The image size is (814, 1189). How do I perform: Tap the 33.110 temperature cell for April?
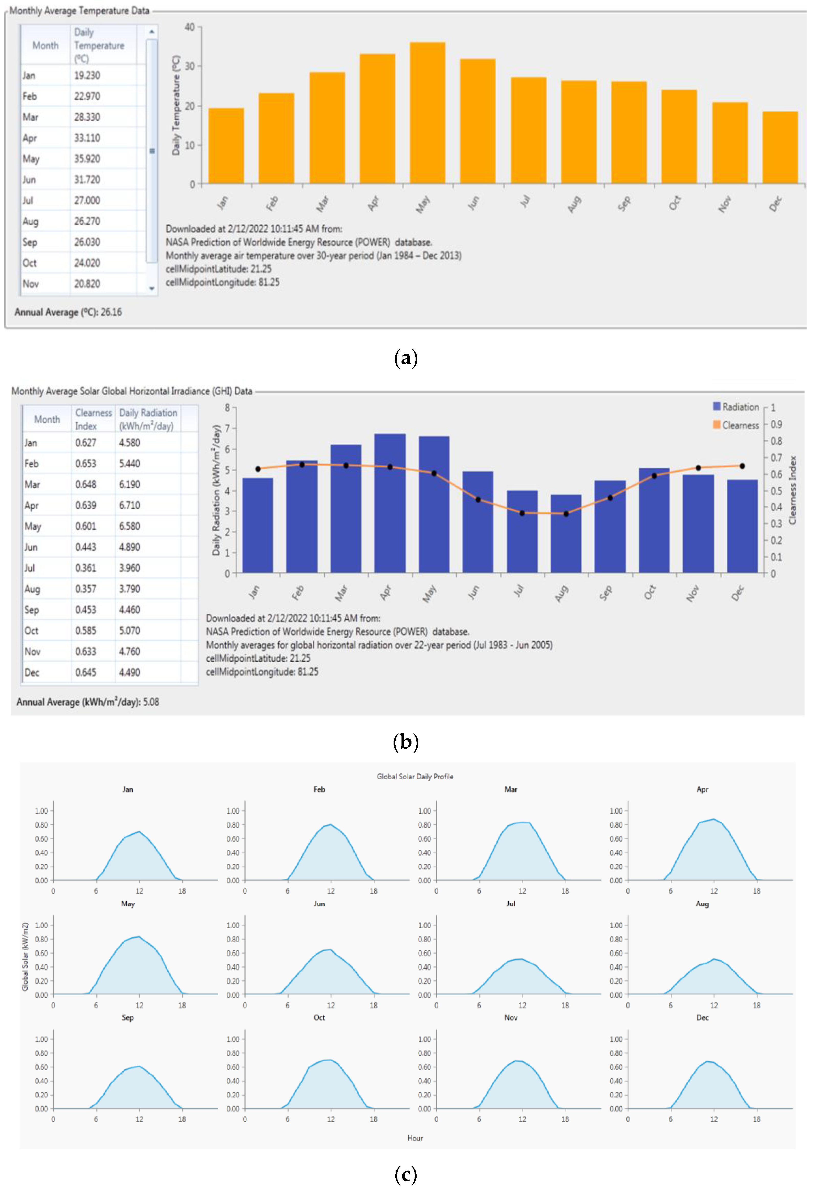coord(88,138)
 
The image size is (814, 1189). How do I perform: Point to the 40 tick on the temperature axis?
coord(190,27)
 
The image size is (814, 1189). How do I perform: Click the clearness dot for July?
coord(522,513)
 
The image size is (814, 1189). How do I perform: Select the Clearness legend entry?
coord(736,425)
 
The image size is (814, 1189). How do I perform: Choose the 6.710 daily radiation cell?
coord(129,506)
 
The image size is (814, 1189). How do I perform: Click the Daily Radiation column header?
coord(148,419)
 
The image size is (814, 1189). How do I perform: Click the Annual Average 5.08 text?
coord(88,702)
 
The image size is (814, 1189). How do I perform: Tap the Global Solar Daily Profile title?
coord(415,777)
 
